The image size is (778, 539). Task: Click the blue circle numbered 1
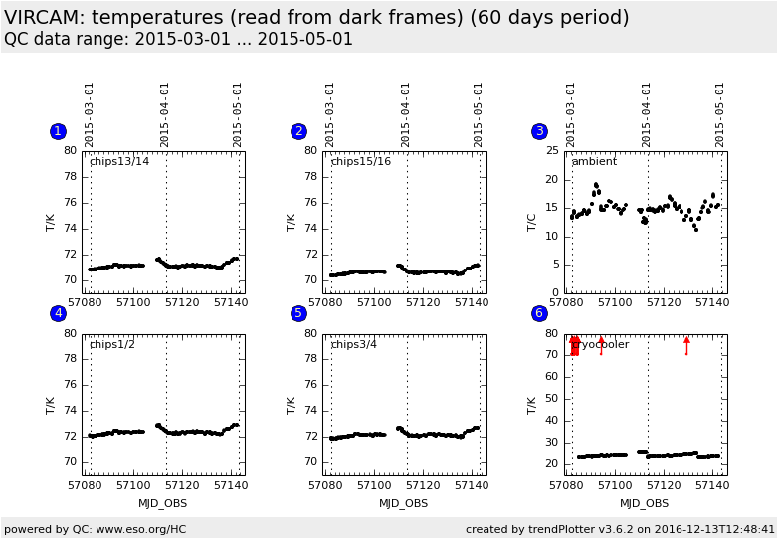click(58, 131)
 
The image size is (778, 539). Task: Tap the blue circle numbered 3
click(539, 131)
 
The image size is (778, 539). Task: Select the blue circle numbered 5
click(298, 313)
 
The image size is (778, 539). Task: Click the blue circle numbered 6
click(539, 313)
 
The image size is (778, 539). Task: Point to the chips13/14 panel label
click(119, 161)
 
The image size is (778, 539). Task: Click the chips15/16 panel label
click(360, 161)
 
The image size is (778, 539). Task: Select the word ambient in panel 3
click(594, 161)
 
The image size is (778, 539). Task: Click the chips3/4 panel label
click(355, 344)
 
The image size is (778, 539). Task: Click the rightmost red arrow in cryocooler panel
click(686, 344)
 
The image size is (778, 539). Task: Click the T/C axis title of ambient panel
click(531, 222)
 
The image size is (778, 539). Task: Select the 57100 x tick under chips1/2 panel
click(132, 485)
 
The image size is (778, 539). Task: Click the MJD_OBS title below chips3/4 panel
click(403, 503)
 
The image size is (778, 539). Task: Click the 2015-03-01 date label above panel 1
click(90, 113)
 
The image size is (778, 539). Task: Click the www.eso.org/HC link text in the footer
click(134, 529)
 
